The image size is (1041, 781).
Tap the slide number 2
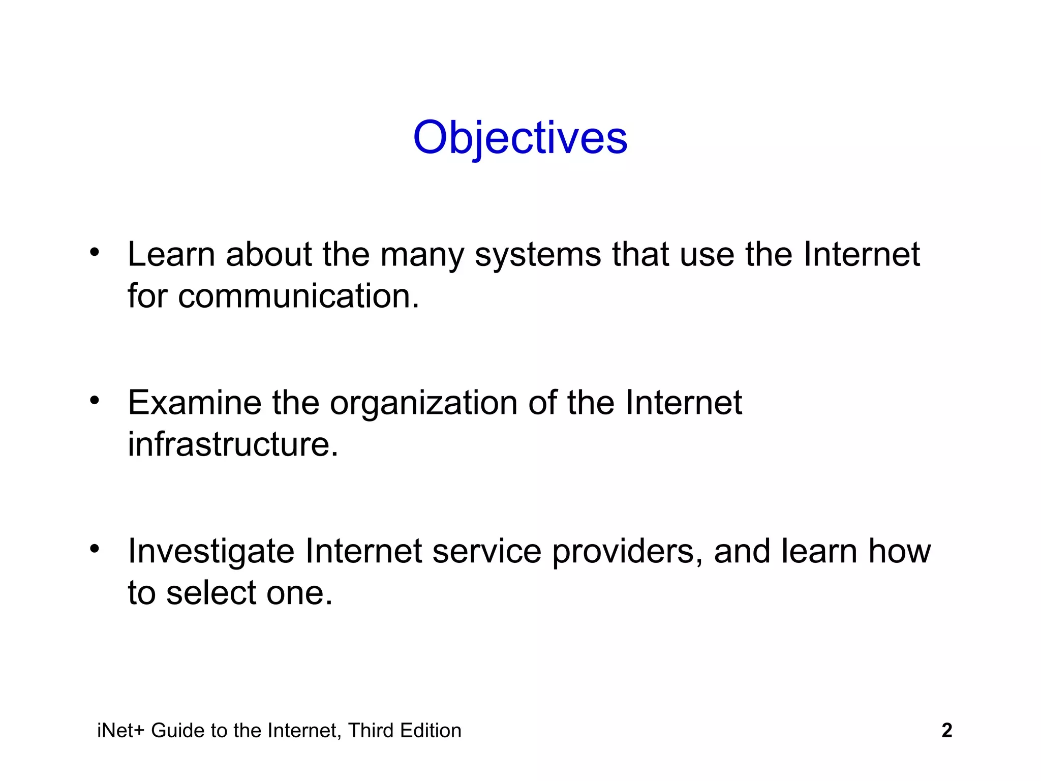point(946,730)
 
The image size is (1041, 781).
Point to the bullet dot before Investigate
point(94,549)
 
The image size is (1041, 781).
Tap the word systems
point(537,255)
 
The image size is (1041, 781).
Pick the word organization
point(423,403)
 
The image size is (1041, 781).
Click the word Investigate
point(211,552)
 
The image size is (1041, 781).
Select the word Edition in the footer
point(431,731)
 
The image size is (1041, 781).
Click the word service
point(486,552)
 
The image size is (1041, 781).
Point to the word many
point(422,255)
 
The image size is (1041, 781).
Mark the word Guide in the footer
point(178,731)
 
